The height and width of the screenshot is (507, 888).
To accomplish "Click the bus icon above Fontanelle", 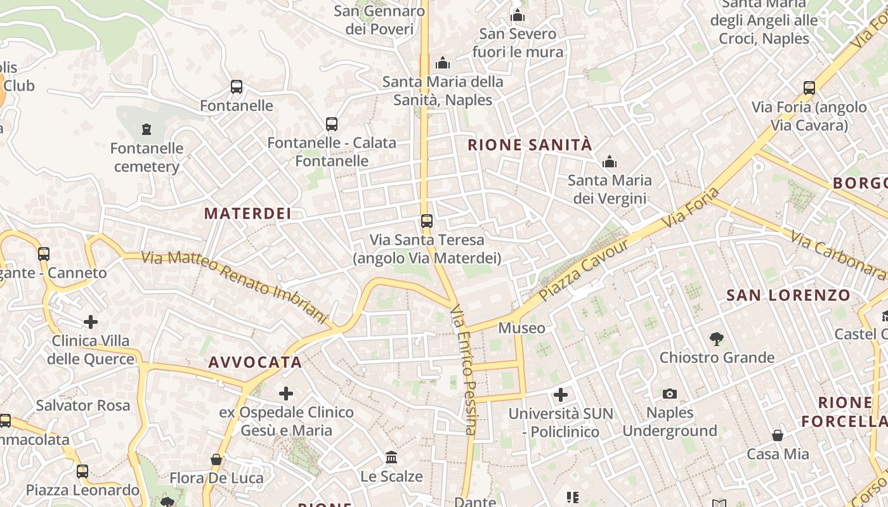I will click(237, 87).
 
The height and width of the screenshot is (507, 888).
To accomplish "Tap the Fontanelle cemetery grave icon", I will click(147, 130).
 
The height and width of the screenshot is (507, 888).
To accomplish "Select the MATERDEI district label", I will click(248, 214).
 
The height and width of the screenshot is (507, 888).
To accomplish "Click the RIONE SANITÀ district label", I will click(530, 145).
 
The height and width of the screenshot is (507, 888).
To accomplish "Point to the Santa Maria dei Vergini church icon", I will click(610, 162).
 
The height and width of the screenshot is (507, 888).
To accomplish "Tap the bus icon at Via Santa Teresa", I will click(427, 221).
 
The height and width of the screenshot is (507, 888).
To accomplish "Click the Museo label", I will click(521, 328).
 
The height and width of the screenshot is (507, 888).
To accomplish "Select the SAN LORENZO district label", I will click(788, 295).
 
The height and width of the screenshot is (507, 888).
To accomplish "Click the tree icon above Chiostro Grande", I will click(717, 338).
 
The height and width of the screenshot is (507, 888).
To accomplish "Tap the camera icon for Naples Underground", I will click(669, 394).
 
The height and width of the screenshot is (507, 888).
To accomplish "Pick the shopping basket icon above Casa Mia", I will click(778, 435).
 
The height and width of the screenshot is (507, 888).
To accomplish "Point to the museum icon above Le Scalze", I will click(391, 457).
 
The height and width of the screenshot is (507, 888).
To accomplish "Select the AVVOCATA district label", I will click(255, 363).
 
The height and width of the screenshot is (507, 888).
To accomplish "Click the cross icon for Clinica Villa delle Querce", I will click(91, 322).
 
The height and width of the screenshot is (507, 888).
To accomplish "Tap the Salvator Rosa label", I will click(82, 406).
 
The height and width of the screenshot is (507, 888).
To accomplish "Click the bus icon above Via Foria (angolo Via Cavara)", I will click(809, 88).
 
